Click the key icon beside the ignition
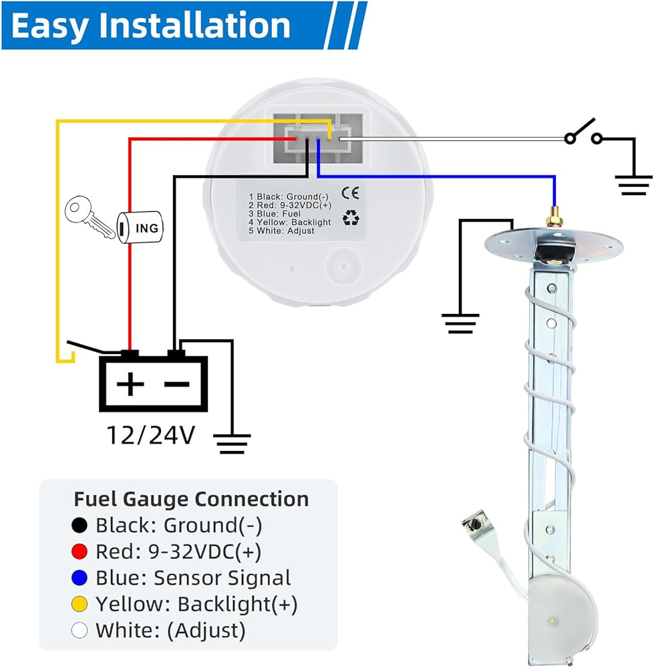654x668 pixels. (90, 216)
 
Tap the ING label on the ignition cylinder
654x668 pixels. (146, 228)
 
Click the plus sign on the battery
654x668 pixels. (130, 384)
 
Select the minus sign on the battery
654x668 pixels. (177, 385)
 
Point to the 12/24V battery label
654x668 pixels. (150, 436)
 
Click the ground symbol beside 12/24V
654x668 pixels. (232, 444)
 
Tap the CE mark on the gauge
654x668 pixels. (350, 193)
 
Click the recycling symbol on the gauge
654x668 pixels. (351, 219)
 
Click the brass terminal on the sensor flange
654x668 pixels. (553, 218)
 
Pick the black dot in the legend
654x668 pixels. (79, 525)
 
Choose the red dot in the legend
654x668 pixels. (79, 552)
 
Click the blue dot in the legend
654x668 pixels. (79, 578)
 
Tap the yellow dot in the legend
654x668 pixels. (79, 604)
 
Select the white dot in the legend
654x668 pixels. (79, 631)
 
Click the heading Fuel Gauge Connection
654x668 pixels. (191, 499)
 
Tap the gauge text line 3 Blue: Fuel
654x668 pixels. (275, 214)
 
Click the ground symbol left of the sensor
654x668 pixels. (460, 323)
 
